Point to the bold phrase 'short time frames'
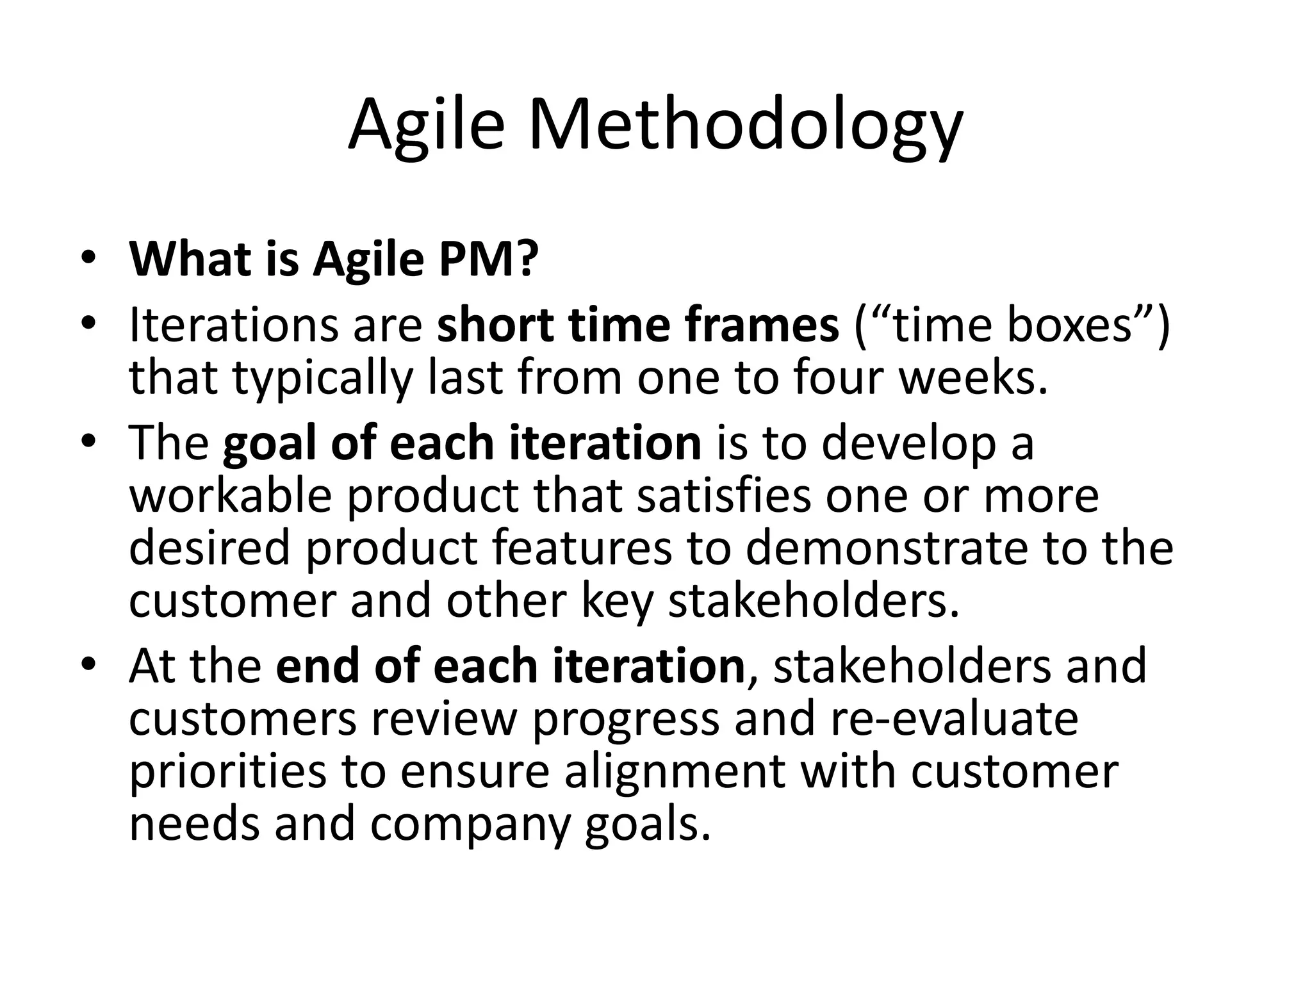[x=637, y=325]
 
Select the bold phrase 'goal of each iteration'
[x=462, y=443]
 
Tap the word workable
[x=231, y=496]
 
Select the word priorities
[x=228, y=773]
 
